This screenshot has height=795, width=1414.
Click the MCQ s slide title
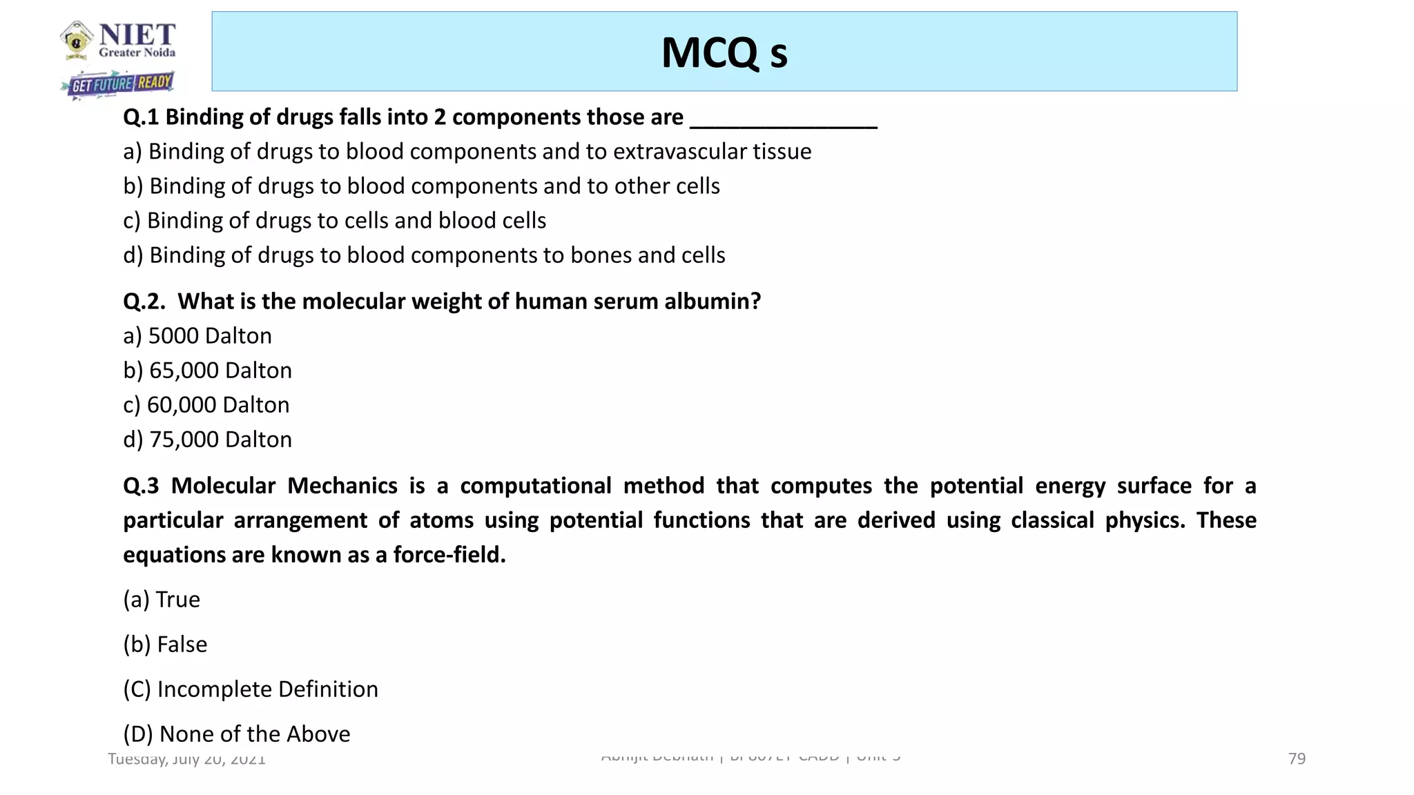tap(724, 53)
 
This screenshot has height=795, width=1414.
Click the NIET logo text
tap(137, 34)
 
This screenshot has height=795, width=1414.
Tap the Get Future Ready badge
tap(121, 84)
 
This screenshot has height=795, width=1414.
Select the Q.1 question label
tap(141, 117)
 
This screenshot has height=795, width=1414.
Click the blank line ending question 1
tap(784, 124)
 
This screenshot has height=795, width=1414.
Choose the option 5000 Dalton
tap(197, 336)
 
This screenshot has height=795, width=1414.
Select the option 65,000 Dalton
tap(207, 371)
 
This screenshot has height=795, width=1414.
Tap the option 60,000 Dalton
tap(206, 405)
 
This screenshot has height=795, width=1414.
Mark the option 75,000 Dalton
tap(207, 440)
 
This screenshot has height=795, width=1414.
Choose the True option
tap(162, 600)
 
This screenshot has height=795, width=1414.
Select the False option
tap(165, 645)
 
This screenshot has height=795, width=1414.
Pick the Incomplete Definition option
tap(251, 689)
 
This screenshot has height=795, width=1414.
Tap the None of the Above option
tap(237, 734)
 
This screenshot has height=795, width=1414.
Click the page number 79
tap(1297, 759)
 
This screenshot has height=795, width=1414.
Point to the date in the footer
tap(186, 759)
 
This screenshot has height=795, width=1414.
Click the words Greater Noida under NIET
tap(137, 53)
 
